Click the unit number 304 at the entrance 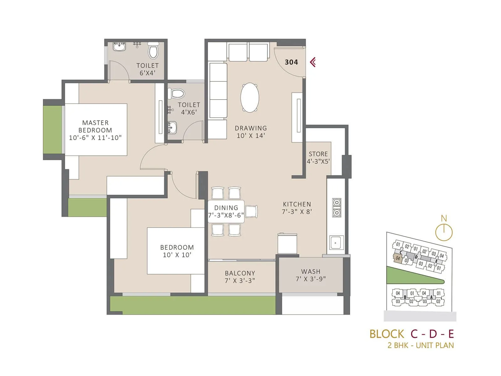(x=291, y=62)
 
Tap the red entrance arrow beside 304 (x=313, y=62)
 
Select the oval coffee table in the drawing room (x=250, y=97)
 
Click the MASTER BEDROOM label (x=95, y=130)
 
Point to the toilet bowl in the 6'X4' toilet (x=153, y=51)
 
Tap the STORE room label (x=318, y=158)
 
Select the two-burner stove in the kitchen (x=337, y=207)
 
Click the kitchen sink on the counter (x=337, y=242)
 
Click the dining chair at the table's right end (x=251, y=211)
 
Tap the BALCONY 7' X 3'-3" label (x=240, y=277)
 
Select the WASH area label (x=311, y=275)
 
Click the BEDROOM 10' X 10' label (x=177, y=251)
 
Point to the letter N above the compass (x=444, y=218)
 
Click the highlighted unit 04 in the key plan (x=398, y=258)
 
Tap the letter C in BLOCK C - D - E (x=414, y=334)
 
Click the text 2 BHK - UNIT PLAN (x=421, y=345)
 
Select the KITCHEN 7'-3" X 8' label (x=297, y=208)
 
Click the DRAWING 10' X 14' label (x=251, y=132)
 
